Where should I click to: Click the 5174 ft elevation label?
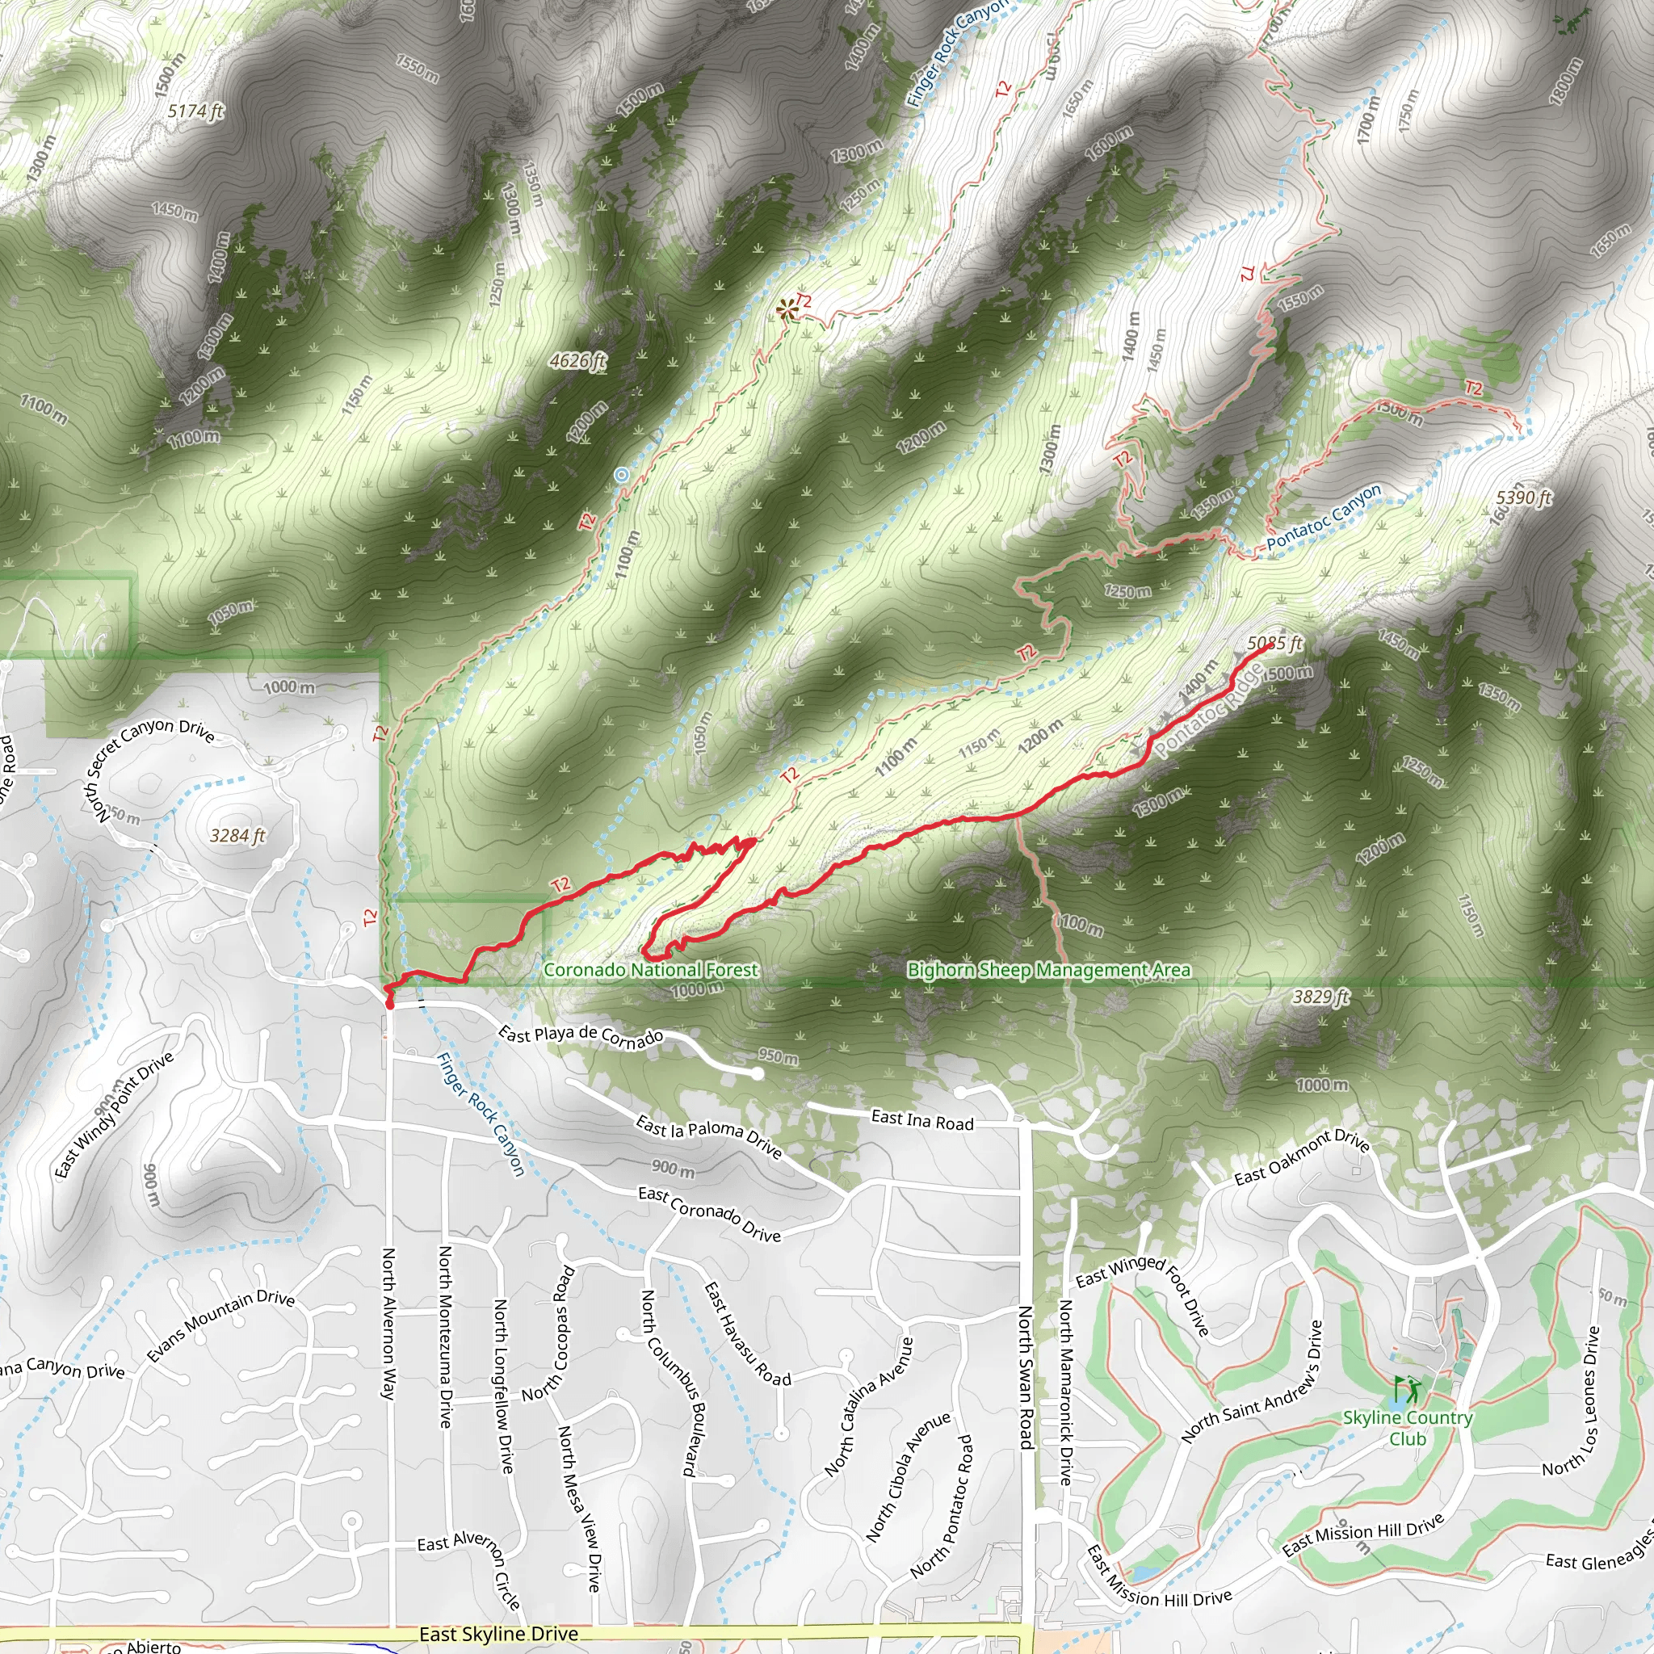(x=195, y=111)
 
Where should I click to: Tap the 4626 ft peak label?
(x=578, y=361)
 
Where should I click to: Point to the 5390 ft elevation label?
(x=1524, y=498)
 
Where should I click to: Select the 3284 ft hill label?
(x=237, y=836)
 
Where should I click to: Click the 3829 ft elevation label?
(x=1320, y=997)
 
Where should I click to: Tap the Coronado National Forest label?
(x=651, y=970)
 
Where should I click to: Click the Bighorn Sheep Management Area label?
(x=1049, y=970)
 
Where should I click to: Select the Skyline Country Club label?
(x=1408, y=1428)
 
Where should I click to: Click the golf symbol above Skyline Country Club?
(x=1406, y=1388)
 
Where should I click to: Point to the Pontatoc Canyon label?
(x=1324, y=518)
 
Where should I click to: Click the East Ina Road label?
(x=922, y=1121)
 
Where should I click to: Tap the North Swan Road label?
(x=1026, y=1377)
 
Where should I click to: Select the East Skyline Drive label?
(x=498, y=1635)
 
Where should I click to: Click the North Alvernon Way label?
(x=388, y=1324)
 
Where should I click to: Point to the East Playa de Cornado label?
(x=581, y=1036)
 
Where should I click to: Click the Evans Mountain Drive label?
(x=220, y=1326)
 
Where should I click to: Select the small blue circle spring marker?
(x=622, y=474)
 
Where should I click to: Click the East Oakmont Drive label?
(x=1301, y=1157)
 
